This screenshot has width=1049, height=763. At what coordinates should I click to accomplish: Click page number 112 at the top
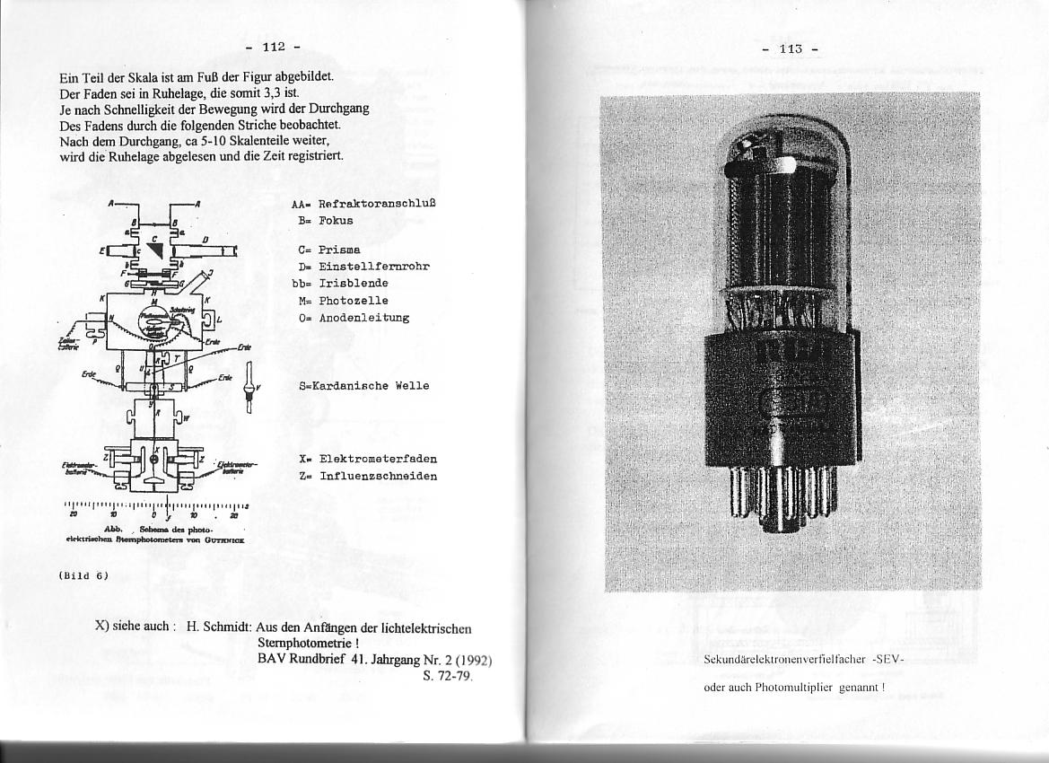point(273,47)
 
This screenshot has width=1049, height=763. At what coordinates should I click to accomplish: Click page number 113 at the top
point(790,49)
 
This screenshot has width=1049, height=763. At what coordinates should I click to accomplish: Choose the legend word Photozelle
point(352,301)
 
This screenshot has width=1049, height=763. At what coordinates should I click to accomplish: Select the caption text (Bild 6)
point(83,575)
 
